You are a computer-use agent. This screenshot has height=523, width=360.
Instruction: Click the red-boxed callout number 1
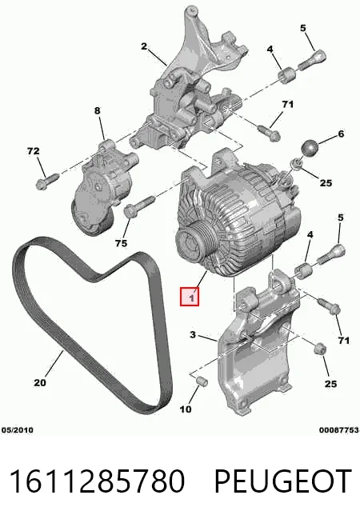[190, 296]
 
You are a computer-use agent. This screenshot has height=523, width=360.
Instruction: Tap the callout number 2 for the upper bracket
[144, 46]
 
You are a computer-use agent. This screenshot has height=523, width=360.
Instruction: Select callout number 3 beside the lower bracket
[193, 334]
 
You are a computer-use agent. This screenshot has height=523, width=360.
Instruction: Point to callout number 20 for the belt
[40, 382]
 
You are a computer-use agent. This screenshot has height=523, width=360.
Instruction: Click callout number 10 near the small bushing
[186, 409]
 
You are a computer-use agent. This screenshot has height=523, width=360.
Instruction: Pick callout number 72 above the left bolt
[33, 151]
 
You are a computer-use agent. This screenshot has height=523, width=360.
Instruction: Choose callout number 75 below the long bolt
[121, 243]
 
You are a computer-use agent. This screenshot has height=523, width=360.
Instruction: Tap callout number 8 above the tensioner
[97, 110]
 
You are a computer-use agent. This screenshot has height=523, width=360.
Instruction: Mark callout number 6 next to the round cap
[341, 134]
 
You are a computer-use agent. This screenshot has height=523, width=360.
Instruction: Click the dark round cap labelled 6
[310, 148]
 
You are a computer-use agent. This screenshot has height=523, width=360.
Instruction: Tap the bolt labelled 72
[46, 181]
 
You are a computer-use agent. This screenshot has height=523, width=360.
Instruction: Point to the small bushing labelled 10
[202, 381]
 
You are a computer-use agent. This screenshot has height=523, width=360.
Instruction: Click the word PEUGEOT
[282, 481]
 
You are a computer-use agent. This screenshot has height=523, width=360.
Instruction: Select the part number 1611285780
[97, 481]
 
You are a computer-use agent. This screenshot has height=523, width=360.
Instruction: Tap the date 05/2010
[18, 430]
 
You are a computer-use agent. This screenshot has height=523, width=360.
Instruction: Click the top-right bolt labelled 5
[311, 60]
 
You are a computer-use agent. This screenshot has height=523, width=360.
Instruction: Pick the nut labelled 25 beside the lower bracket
[320, 349]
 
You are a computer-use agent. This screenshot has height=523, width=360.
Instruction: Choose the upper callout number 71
[287, 105]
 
